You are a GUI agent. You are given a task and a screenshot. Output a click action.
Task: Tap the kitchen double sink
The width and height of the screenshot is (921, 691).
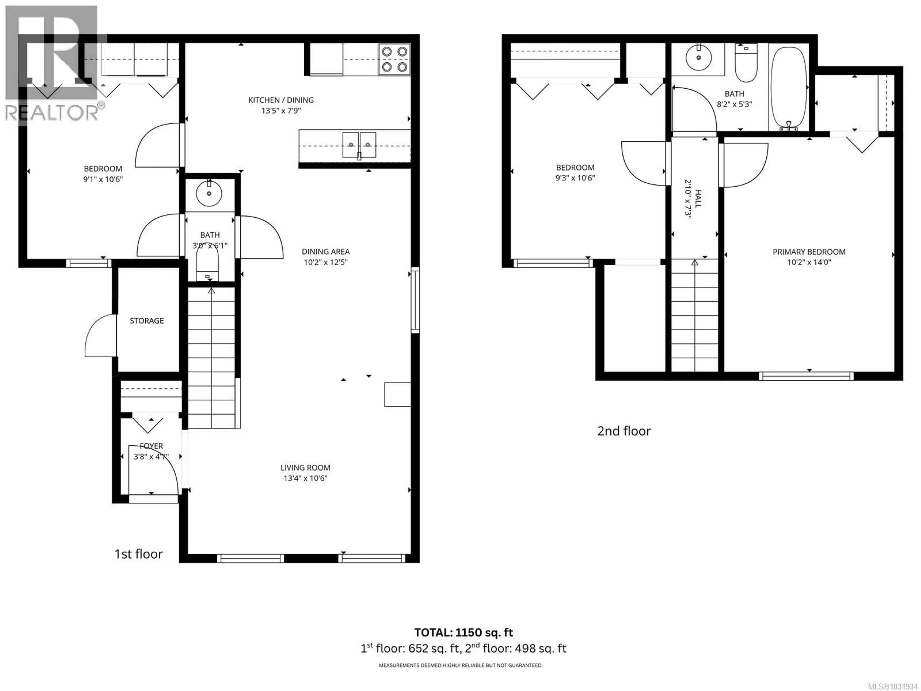pos(359,145)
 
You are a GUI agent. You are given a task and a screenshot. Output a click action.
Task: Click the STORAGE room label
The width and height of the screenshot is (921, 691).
pos(147,321)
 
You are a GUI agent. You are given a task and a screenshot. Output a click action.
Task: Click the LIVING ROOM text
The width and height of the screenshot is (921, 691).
pos(305,468)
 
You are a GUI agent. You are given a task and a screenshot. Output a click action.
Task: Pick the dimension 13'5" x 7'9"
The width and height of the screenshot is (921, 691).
pos(281,111)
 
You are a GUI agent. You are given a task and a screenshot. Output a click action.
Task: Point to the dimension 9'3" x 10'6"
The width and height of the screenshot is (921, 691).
pos(575,178)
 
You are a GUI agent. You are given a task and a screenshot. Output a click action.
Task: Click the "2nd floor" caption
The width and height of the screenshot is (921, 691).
pos(624,431)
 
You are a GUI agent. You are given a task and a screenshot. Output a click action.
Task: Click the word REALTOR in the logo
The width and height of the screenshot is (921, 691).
pos(52,113)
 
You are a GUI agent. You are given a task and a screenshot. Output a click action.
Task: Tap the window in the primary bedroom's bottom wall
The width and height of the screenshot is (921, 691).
pos(806,376)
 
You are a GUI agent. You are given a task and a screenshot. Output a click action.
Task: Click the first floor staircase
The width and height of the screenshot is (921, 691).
pos(212,358)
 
